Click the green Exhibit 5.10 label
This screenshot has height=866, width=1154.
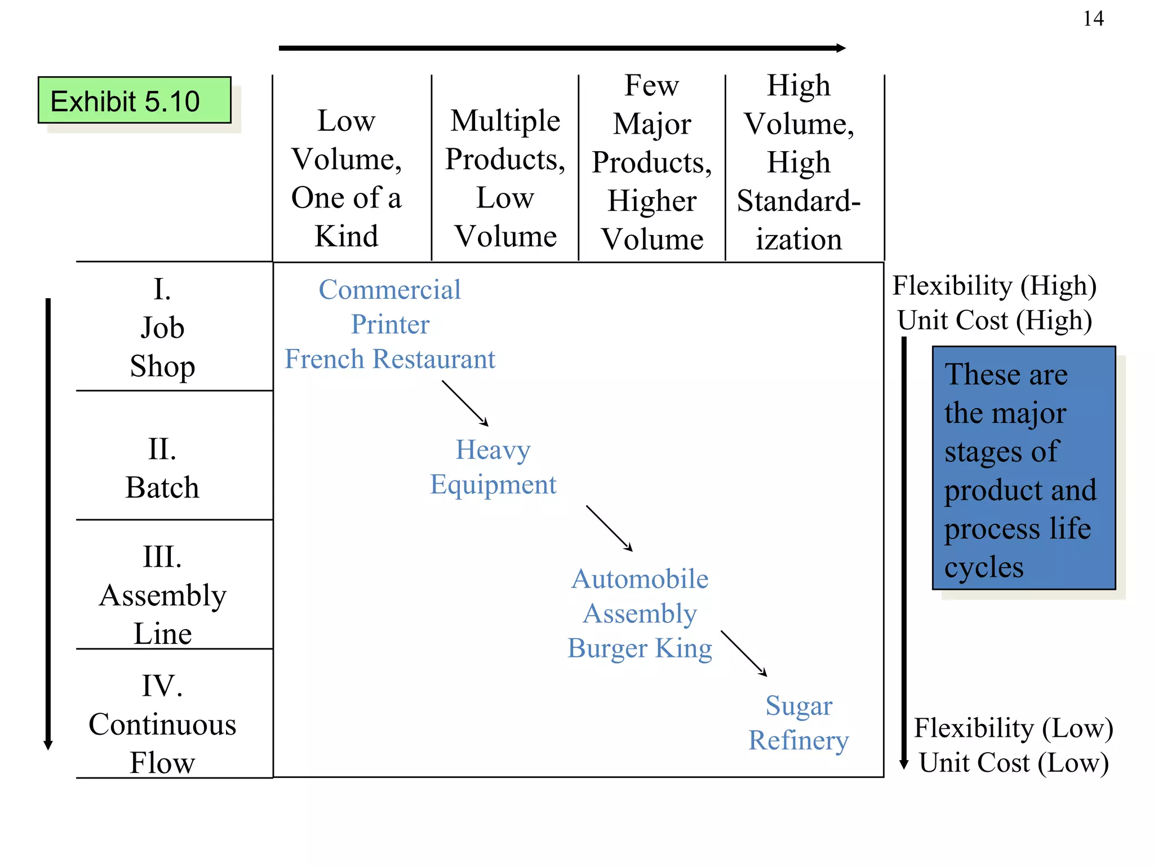134,101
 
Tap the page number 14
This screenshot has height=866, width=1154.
1093,19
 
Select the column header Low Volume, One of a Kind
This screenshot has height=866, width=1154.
347,178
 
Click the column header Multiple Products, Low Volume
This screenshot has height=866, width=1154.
505,178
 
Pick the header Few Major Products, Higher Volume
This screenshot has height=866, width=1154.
652,162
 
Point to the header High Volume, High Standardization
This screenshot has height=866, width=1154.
798,162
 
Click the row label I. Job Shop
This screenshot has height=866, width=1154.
162,328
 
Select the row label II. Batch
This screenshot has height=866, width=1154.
162,469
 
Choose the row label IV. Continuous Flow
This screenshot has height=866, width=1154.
162,724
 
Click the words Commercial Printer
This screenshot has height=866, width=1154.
390,307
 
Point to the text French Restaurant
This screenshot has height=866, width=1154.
390,359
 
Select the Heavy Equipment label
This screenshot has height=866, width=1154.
493,467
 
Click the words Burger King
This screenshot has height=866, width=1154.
640,648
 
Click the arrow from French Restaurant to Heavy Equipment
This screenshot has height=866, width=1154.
465,403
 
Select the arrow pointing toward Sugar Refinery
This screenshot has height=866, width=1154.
744,653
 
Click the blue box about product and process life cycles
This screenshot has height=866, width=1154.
1023,468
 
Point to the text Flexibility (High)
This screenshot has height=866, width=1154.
994,285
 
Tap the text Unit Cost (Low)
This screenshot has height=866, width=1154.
1013,762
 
